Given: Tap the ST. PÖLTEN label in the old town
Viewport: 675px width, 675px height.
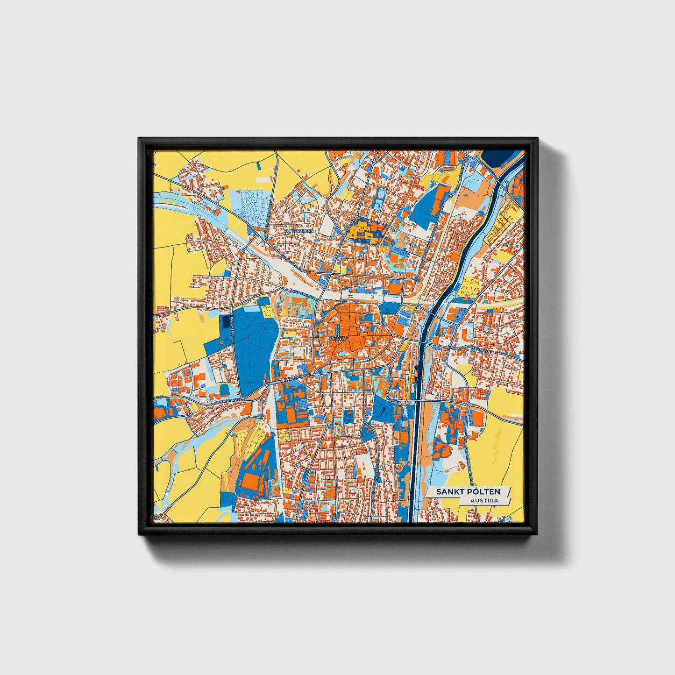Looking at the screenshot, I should [337, 336].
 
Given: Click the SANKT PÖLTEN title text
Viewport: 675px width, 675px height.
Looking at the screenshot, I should [468, 492].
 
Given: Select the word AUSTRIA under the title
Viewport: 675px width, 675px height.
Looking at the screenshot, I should [484, 501].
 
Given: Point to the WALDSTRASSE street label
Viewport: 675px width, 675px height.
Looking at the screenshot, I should [301, 293].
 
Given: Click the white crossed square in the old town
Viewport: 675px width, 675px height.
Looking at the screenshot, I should [362, 329].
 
